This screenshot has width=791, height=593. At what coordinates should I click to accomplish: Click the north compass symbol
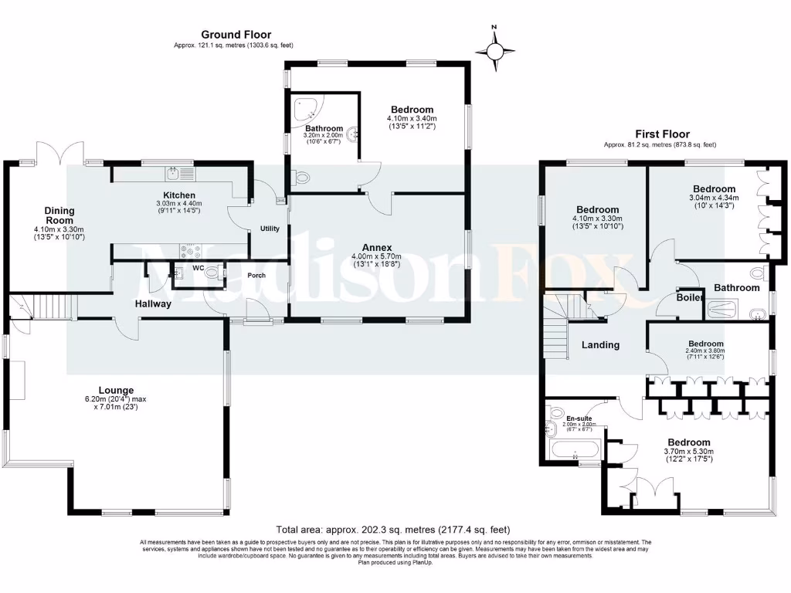[494, 51]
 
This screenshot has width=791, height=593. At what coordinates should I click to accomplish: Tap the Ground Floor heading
[229, 34]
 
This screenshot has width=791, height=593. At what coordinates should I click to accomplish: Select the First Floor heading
[661, 134]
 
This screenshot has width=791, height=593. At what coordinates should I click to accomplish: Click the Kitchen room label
[178, 195]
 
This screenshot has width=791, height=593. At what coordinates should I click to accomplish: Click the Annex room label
[378, 249]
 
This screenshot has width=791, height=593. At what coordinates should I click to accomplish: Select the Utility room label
[270, 229]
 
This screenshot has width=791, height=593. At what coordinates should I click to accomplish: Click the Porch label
[256, 275]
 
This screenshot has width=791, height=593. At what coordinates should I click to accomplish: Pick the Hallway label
[152, 303]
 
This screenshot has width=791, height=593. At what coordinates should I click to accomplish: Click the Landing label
[600, 345]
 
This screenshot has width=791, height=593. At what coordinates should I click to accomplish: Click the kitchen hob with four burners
[190, 250]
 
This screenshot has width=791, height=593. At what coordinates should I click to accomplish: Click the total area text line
[394, 530]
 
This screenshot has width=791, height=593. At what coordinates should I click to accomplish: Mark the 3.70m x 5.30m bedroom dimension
[689, 451]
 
